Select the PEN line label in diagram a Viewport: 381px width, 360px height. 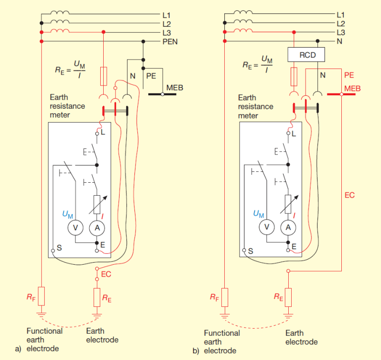170,42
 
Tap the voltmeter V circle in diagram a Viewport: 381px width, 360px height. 75,227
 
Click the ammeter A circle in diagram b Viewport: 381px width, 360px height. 288,227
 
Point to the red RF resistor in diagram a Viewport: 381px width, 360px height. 42,296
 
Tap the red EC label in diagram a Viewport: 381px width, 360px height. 106,273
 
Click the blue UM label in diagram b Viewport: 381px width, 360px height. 258,214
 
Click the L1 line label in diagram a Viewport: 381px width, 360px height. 167,15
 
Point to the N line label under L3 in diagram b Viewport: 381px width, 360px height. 340,42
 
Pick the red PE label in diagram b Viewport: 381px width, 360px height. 349,75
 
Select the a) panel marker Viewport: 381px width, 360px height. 18,349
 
